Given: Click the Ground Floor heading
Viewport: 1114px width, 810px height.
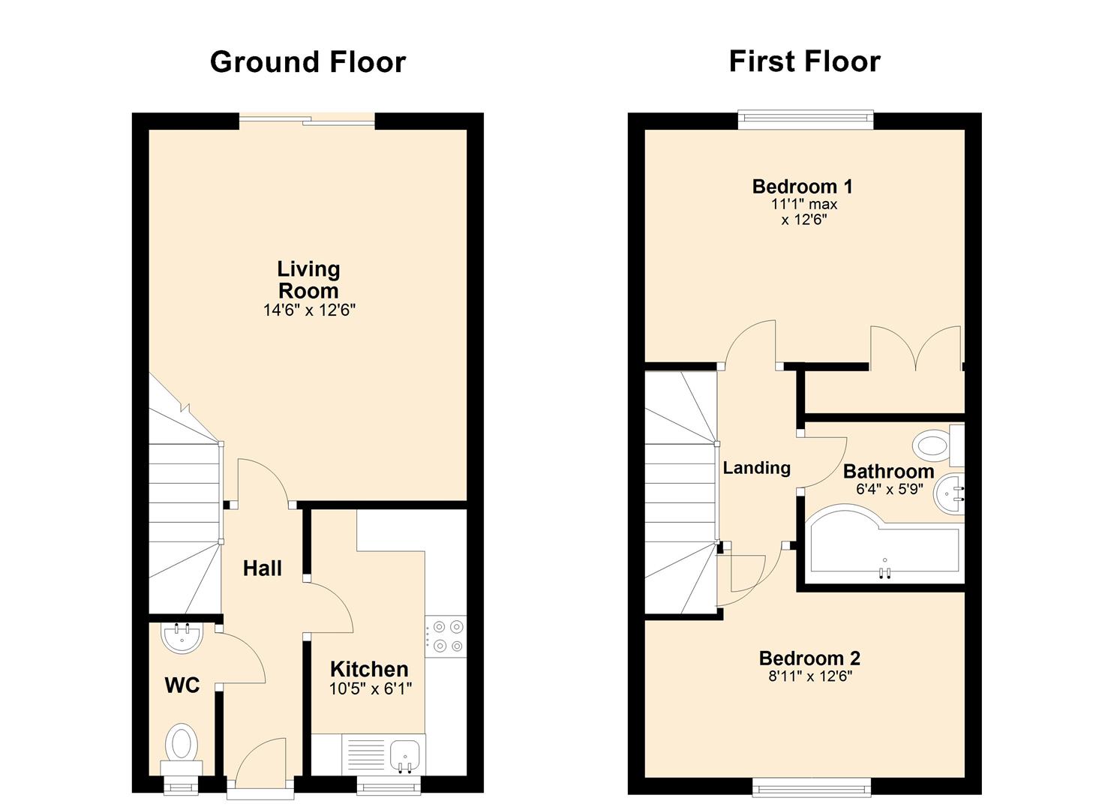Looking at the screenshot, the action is click(308, 63).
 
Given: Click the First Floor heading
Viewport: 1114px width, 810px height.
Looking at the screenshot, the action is click(804, 62).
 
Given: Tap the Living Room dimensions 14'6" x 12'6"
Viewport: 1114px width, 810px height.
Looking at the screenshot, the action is click(309, 310).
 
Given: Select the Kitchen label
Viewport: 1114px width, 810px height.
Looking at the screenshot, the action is click(369, 669).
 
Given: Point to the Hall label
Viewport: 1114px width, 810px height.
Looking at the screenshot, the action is click(262, 568).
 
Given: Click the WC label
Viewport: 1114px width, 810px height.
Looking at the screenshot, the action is click(182, 685).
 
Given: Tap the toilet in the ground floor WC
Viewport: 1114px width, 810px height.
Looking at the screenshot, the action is click(182, 750).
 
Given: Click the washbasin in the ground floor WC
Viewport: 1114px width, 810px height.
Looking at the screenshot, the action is click(182, 637).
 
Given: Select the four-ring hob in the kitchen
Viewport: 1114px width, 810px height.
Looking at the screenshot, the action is click(446, 637).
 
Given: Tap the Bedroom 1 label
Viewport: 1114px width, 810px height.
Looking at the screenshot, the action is click(802, 187).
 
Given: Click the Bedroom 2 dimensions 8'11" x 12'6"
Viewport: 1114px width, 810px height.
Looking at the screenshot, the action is click(810, 676).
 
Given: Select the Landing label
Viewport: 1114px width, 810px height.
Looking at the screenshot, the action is click(756, 468).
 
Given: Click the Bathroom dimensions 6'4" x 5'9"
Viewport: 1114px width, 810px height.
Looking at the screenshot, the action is click(889, 489).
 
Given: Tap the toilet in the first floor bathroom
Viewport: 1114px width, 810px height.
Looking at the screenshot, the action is click(938, 445).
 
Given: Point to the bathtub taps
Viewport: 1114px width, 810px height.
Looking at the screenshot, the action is click(884, 573).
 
